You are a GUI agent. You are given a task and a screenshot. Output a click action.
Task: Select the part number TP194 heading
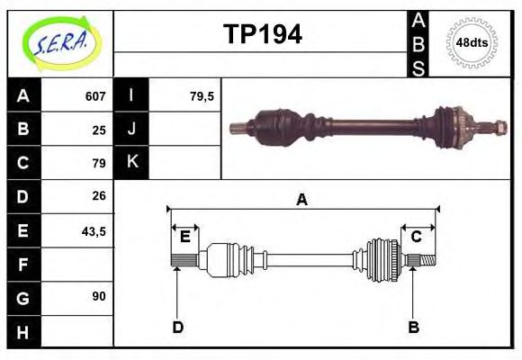(x=262, y=34)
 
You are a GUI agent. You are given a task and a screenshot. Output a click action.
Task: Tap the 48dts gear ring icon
(x=472, y=42)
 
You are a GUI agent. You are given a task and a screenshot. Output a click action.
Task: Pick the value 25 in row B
(x=99, y=130)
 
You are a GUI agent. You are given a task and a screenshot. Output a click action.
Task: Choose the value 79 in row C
(x=99, y=163)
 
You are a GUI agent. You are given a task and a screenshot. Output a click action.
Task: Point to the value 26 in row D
(x=99, y=195)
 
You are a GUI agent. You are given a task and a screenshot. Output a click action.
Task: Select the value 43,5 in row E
(x=94, y=230)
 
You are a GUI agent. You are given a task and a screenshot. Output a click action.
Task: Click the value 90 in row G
(x=99, y=296)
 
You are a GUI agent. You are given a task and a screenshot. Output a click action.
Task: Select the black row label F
(x=23, y=264)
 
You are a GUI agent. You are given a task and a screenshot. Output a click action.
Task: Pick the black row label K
(x=131, y=163)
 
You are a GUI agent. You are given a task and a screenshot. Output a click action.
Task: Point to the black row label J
(x=131, y=130)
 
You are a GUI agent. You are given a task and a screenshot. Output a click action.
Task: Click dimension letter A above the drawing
(x=302, y=200)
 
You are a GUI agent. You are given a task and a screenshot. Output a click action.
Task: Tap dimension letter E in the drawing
(x=184, y=238)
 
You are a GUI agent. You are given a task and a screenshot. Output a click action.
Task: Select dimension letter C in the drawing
(x=417, y=238)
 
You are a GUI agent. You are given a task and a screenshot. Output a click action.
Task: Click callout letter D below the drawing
(x=178, y=327)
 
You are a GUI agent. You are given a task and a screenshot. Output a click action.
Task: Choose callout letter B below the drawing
(x=413, y=327)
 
